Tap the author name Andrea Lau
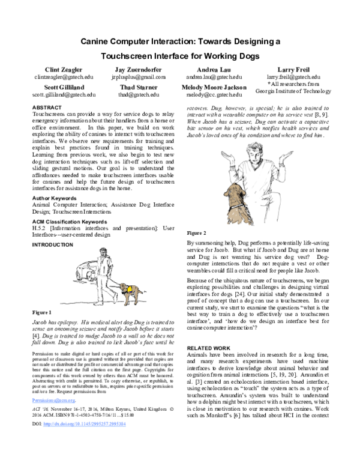point(214,70)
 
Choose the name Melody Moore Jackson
point(214,87)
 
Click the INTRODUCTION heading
point(52,245)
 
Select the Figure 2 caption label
point(197,232)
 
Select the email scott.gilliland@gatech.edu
point(59,95)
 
